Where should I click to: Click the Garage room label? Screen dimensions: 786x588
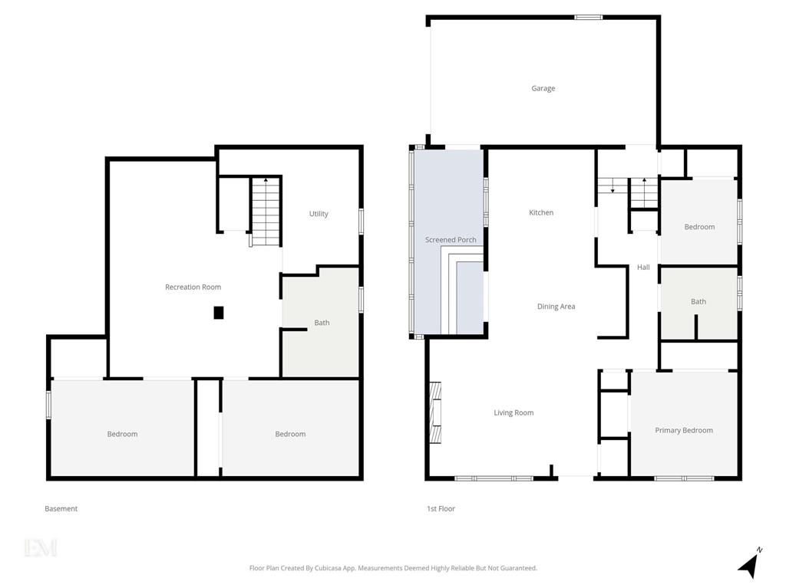click(543, 88)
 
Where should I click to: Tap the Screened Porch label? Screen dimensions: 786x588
click(451, 239)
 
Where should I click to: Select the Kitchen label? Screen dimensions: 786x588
click(541, 212)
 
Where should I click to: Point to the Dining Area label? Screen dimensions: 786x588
click(556, 306)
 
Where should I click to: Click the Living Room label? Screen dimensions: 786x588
click(514, 412)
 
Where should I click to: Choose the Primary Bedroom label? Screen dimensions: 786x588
click(684, 430)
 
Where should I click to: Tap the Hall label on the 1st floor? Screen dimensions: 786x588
click(643, 267)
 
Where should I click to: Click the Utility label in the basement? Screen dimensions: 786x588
click(319, 214)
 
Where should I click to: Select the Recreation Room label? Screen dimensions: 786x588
click(193, 287)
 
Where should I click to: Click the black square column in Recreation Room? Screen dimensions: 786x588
click(219, 313)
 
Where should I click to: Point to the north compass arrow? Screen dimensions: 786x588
click(750, 564)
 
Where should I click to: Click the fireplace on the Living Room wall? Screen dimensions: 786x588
click(435, 412)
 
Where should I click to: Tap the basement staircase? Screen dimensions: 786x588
click(265, 212)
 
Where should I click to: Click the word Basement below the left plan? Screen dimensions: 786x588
click(61, 508)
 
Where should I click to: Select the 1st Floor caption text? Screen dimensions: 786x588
click(441, 508)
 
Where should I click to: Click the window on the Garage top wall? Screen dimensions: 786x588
click(588, 18)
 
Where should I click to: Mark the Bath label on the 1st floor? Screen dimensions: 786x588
click(698, 301)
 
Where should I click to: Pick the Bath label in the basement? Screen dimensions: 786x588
click(322, 323)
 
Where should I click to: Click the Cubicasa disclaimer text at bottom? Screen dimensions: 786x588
click(393, 568)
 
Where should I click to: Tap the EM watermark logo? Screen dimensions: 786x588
click(41, 547)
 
